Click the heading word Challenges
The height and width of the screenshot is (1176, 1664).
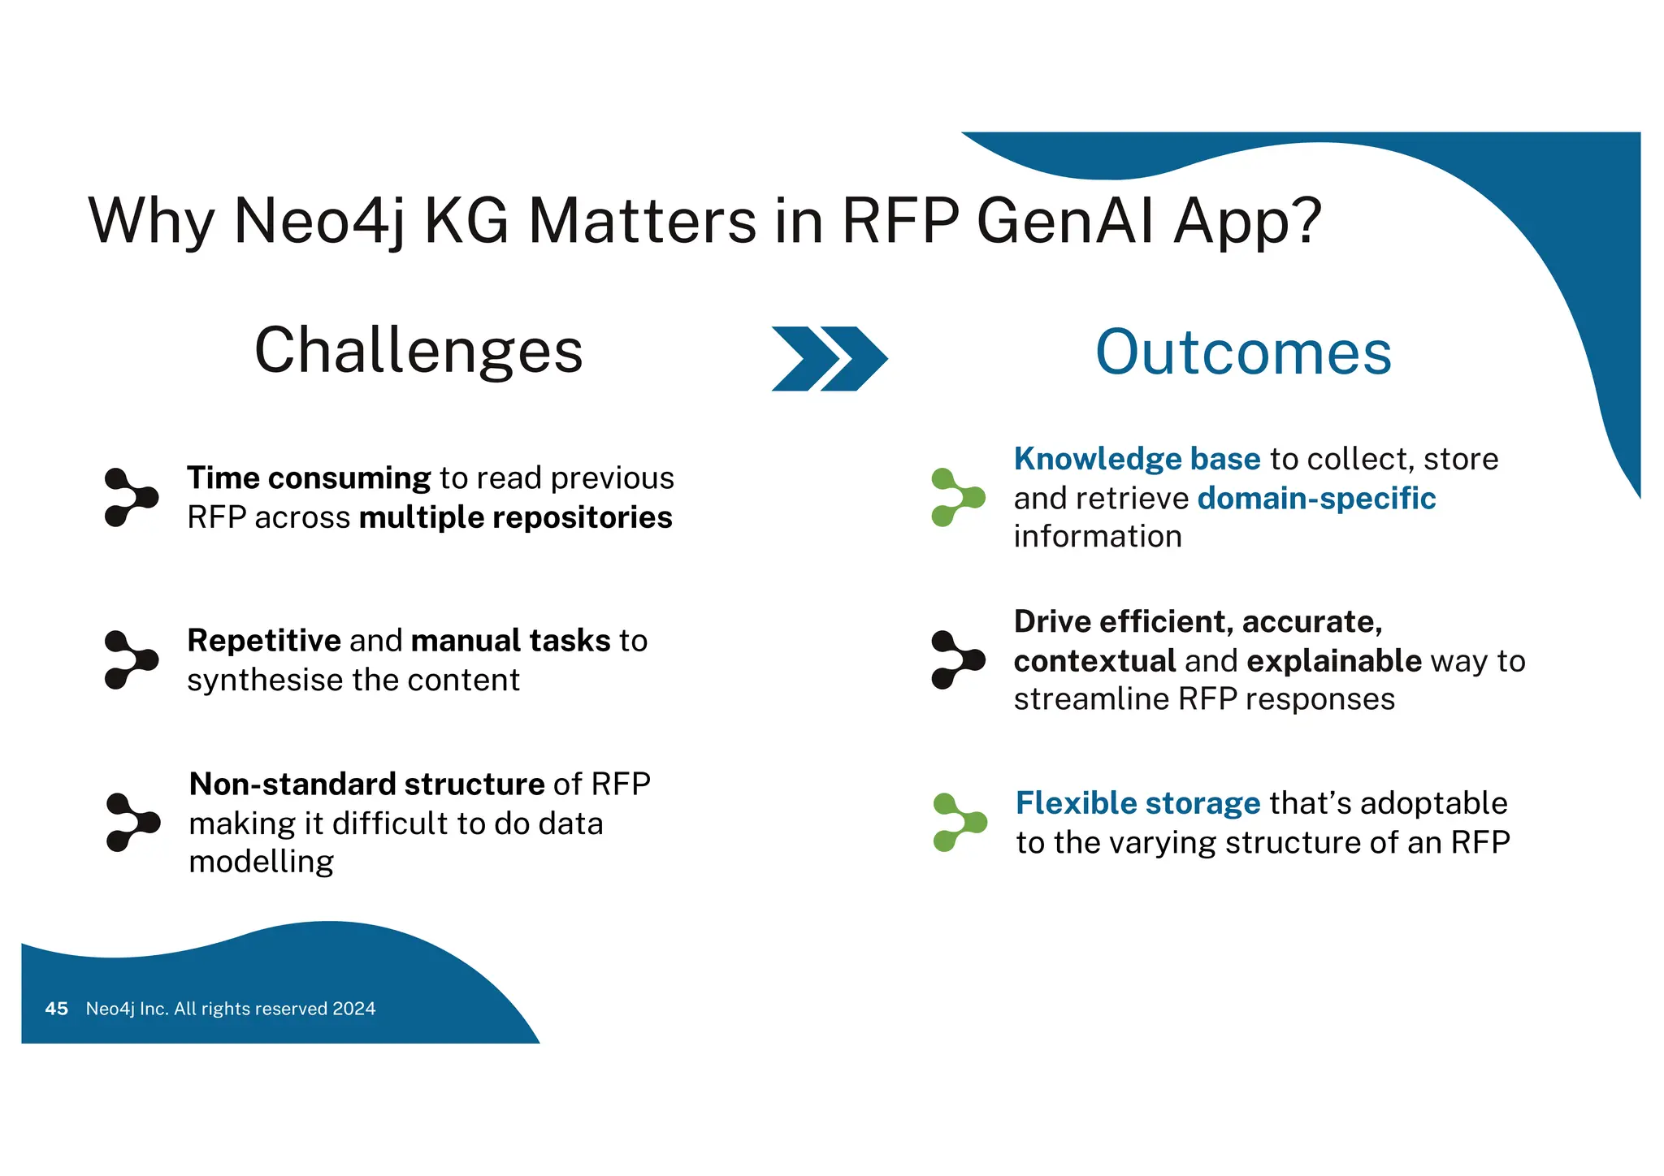(x=418, y=351)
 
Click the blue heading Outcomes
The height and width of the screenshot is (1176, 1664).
(x=1243, y=352)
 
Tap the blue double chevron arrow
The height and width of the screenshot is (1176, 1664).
(x=829, y=358)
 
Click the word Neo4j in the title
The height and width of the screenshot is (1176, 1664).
(x=318, y=221)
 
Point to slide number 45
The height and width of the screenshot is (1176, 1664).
(x=56, y=1009)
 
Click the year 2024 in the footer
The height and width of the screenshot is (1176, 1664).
(x=354, y=1009)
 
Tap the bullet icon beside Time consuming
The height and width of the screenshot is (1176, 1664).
(x=130, y=497)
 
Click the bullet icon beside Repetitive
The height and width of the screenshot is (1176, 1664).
(x=130, y=659)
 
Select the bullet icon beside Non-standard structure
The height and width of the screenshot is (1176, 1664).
(x=132, y=822)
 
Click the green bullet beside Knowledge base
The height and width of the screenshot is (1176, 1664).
(x=957, y=497)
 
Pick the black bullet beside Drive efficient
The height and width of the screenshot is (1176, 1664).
(x=957, y=659)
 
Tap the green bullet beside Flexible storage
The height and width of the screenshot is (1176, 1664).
(x=959, y=822)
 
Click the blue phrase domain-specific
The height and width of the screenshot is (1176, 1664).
(x=1316, y=498)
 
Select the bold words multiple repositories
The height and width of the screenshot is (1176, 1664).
(x=515, y=517)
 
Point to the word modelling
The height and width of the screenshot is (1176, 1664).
(x=261, y=862)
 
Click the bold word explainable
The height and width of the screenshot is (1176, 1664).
(x=1334, y=660)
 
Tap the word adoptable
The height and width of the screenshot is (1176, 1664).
(x=1433, y=803)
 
